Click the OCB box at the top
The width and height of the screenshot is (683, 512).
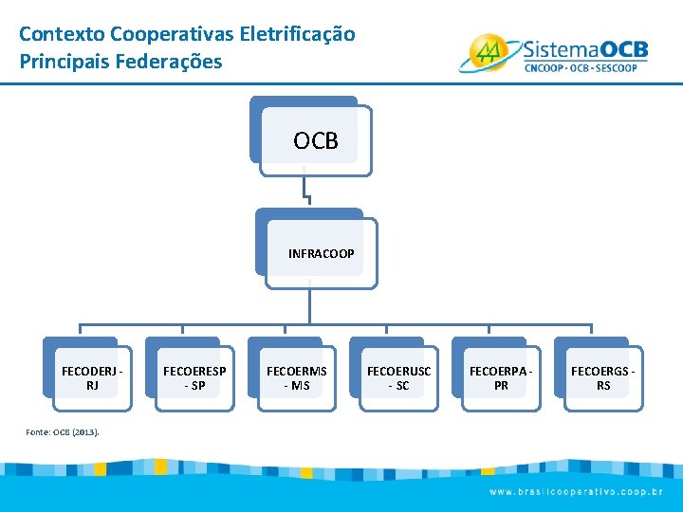coord(315,141)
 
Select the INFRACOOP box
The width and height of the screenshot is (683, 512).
coord(321,253)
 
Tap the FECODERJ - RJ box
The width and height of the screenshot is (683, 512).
coord(91,378)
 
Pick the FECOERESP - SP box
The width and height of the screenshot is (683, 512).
coord(194,378)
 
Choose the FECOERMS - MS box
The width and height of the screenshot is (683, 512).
coord(296,378)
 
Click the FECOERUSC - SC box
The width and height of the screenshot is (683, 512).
coord(398,378)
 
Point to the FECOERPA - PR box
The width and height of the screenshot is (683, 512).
coord(501,378)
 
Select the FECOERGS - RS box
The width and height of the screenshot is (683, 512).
coord(603,378)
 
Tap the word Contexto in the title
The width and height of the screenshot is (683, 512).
coord(62,34)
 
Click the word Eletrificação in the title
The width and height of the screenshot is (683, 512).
coord(298,34)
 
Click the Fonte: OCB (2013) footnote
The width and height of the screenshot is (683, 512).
coord(64,432)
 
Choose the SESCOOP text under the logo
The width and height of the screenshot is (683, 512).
coord(622,67)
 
